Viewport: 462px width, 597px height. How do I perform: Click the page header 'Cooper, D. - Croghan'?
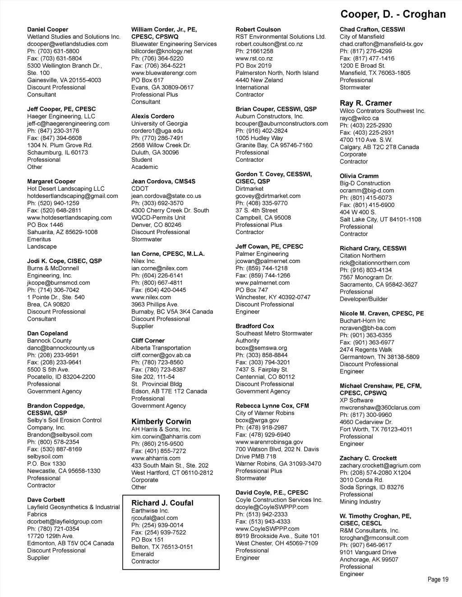pyautogui.click(x=393, y=14)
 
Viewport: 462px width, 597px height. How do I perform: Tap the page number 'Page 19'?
pyautogui.click(x=438, y=579)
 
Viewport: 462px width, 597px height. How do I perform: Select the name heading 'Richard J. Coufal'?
pyautogui.click(x=162, y=503)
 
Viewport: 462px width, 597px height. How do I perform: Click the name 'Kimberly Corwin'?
pyautogui.click(x=161, y=421)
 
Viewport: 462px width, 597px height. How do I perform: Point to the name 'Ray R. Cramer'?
pyautogui.click(x=365, y=103)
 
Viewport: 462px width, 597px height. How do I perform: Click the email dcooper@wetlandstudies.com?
pyautogui.click(x=67, y=44)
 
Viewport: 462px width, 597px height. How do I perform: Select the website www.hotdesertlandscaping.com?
pyautogui.click(x=69, y=218)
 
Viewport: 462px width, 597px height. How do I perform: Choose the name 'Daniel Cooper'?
pyautogui.click(x=47, y=29)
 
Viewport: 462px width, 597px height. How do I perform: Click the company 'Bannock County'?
pyautogui.click(x=49, y=341)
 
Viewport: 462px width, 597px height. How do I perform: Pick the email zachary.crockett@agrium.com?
pyautogui.click(x=380, y=465)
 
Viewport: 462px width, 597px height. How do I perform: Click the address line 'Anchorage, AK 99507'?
pyautogui.click(x=369, y=560)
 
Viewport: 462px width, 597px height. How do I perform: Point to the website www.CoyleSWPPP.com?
pyautogui.click(x=267, y=529)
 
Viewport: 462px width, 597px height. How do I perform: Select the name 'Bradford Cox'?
pyautogui.click(x=254, y=326)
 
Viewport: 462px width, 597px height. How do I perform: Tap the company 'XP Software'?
pyautogui.click(x=356, y=400)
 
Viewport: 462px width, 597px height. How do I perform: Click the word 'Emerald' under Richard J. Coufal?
pyautogui.click(x=143, y=554)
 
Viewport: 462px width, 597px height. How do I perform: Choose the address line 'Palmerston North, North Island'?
pyautogui.click(x=277, y=73)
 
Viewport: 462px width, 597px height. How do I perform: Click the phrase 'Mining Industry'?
pyautogui.click(x=360, y=501)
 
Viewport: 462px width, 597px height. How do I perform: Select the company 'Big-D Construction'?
pyautogui.click(x=365, y=183)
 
